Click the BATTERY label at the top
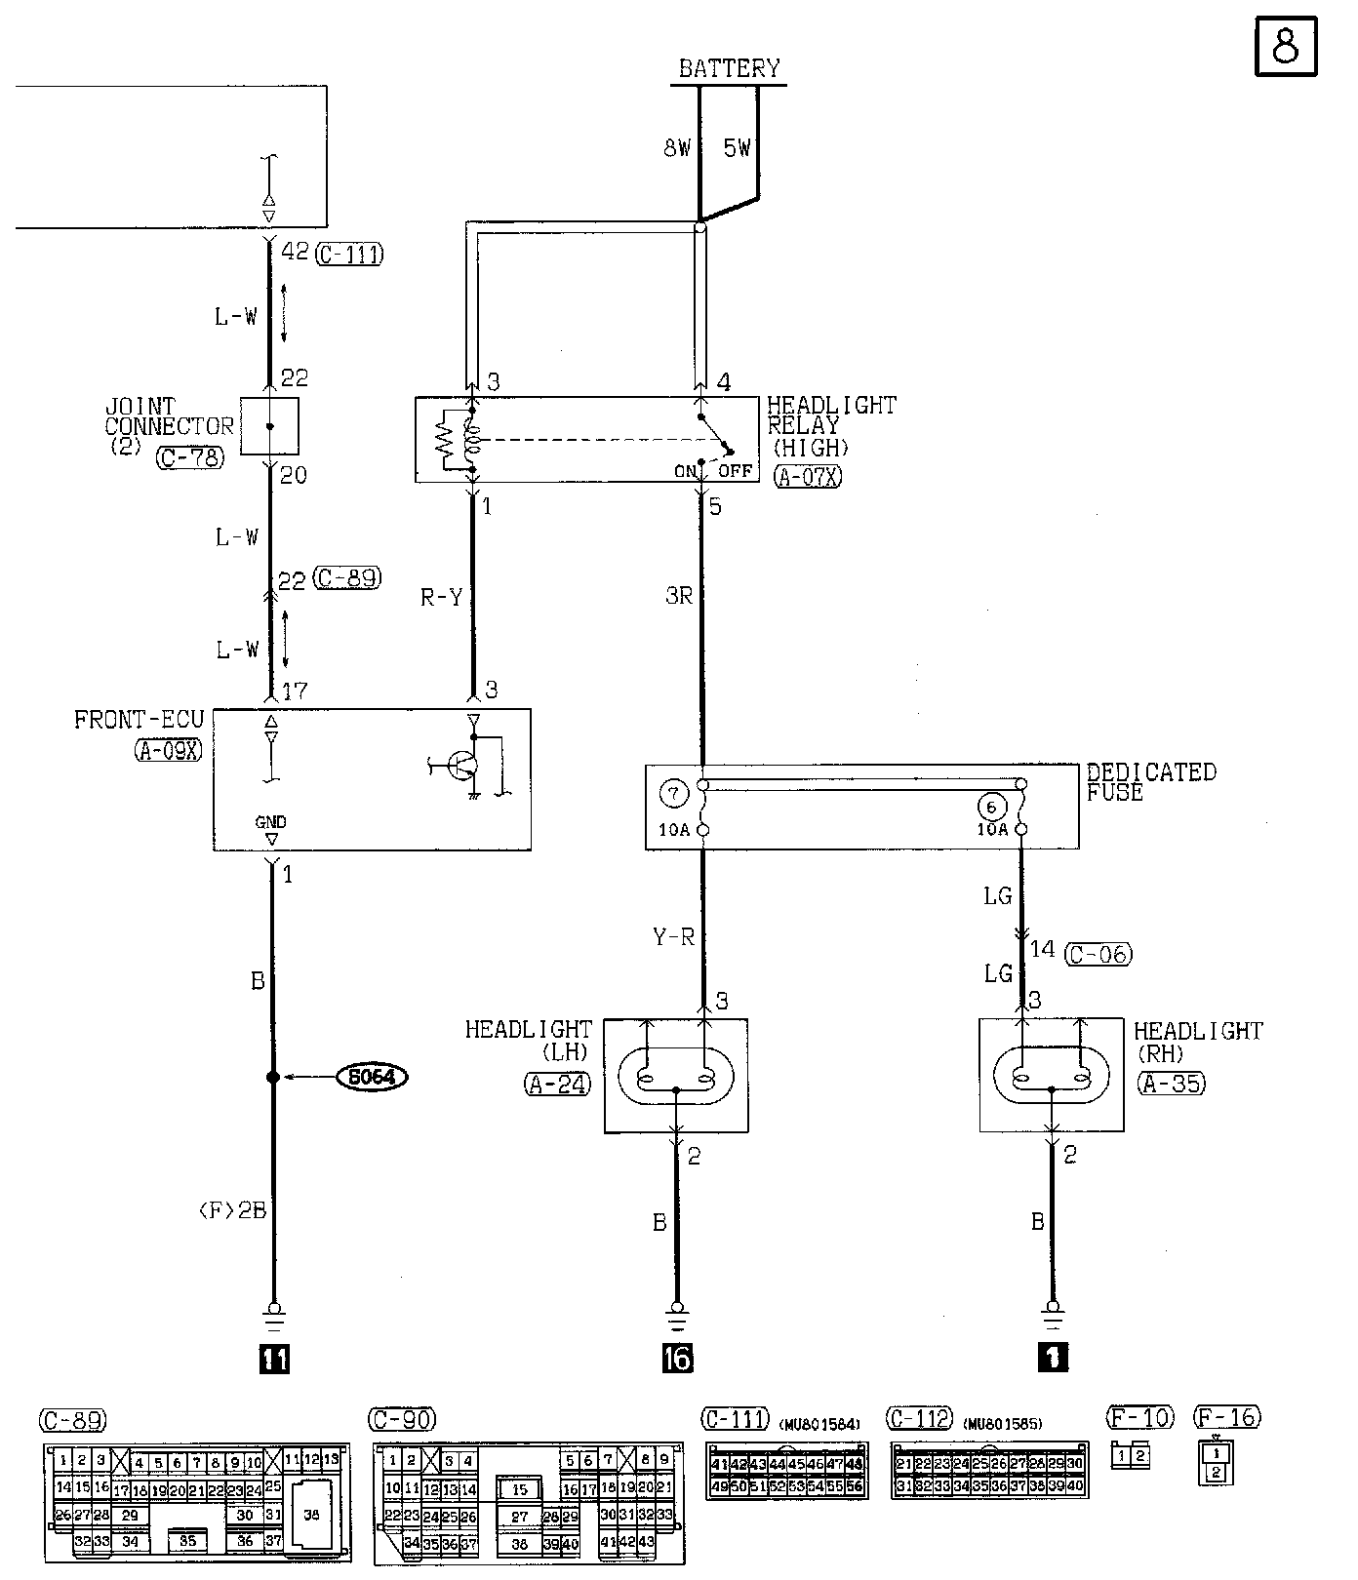click(729, 68)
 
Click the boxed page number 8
click(1285, 46)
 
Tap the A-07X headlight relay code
click(807, 477)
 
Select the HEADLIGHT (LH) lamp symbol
click(677, 1076)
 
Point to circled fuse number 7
click(673, 793)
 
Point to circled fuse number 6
click(991, 808)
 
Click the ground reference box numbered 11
click(273, 1359)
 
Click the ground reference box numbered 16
click(677, 1358)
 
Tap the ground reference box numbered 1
click(1054, 1357)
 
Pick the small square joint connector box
click(269, 426)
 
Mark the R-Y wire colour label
click(441, 597)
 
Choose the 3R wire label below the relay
click(679, 595)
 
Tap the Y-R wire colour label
click(673, 937)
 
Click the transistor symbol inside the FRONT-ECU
click(461, 766)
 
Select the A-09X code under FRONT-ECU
click(168, 750)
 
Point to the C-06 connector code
click(1098, 953)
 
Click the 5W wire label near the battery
click(738, 148)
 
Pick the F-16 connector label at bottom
click(1227, 1417)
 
